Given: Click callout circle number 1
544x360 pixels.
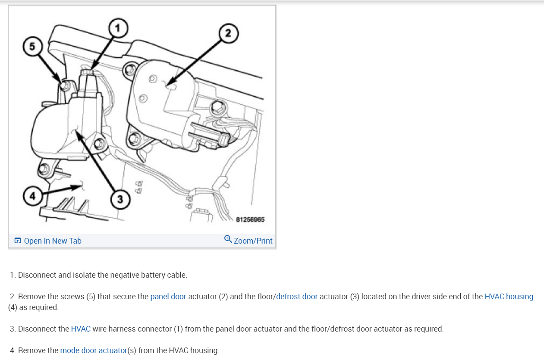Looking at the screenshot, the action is point(118,28).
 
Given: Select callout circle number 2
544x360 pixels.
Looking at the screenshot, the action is point(228,33).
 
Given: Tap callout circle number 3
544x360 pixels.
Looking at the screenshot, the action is point(120,199).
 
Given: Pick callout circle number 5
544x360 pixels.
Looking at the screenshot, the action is point(32,47).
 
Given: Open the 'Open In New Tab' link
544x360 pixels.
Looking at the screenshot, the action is point(53,241).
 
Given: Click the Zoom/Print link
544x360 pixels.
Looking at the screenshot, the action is point(253,241).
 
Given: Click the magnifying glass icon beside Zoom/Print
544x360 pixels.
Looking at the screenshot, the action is point(228,239).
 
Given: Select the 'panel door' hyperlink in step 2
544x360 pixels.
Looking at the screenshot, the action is point(168,296).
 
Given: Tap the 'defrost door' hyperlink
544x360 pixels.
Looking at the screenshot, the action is point(297,296).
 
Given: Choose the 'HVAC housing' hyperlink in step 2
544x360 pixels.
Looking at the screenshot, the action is point(509,296).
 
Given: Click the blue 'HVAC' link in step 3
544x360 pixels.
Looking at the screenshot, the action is point(81,329).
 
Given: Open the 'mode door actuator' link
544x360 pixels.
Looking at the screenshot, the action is point(94,350).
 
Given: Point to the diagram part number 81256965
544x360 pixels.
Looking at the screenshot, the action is point(250,219).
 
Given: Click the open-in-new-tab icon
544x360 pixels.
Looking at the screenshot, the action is point(18,241).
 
